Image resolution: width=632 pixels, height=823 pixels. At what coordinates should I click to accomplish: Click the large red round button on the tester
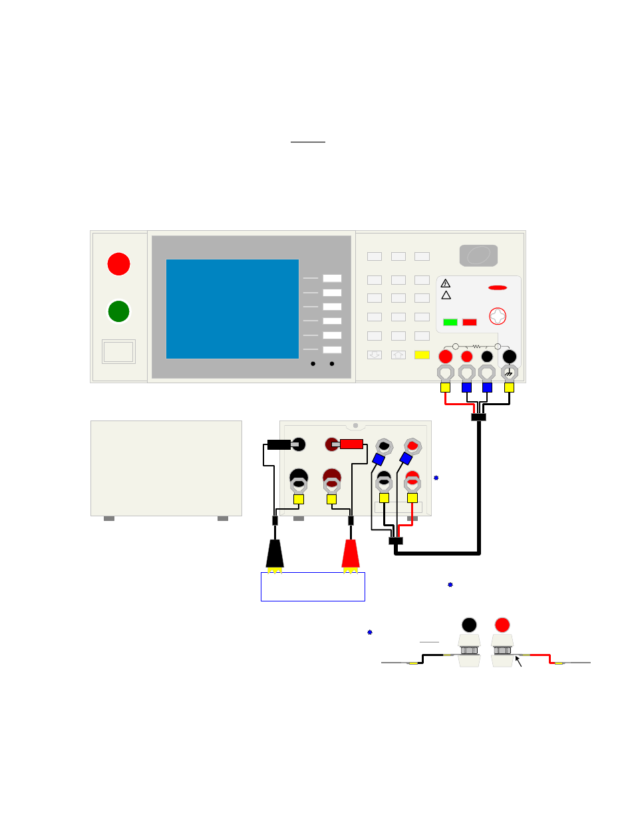118,263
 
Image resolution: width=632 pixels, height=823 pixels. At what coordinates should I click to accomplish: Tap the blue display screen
232,309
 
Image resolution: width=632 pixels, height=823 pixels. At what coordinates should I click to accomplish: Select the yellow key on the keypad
422,355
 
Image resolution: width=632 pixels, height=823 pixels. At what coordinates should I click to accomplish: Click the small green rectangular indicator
450,322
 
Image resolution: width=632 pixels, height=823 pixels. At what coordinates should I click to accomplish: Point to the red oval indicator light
498,288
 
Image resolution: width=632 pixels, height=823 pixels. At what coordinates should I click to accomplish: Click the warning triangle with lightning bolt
446,283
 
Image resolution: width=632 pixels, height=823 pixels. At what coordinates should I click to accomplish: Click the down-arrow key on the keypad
375,355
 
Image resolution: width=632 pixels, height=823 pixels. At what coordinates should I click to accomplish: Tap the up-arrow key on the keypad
398,355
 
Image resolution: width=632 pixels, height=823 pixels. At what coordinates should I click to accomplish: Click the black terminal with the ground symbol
510,357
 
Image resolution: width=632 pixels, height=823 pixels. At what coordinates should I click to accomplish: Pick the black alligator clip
275,555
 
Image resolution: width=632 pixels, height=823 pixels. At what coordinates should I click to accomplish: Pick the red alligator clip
351,555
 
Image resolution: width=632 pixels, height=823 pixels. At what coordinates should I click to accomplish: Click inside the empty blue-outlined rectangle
313,587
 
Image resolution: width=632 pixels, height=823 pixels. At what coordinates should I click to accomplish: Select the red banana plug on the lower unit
351,444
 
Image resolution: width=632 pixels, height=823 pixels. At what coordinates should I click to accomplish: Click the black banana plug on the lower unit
279,444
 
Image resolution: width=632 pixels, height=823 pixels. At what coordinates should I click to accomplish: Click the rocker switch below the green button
118,351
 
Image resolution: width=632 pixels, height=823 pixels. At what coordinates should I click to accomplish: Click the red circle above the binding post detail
502,625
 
